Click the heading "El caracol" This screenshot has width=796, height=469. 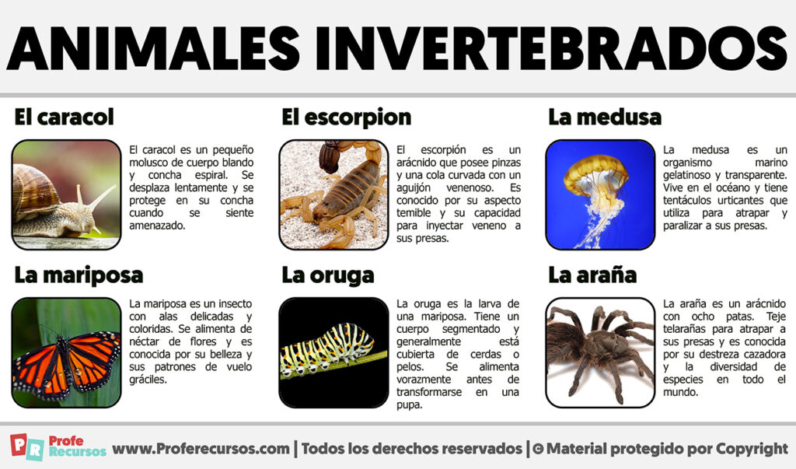click(64, 117)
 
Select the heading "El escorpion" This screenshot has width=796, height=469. click(346, 117)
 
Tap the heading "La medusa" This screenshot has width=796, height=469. click(604, 117)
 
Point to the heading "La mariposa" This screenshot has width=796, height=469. click(79, 275)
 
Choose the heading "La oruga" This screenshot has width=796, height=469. click(327, 275)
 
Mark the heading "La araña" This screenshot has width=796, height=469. click(592, 275)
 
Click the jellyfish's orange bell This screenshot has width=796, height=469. click(595, 173)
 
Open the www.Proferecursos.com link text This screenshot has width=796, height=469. click(201, 449)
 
